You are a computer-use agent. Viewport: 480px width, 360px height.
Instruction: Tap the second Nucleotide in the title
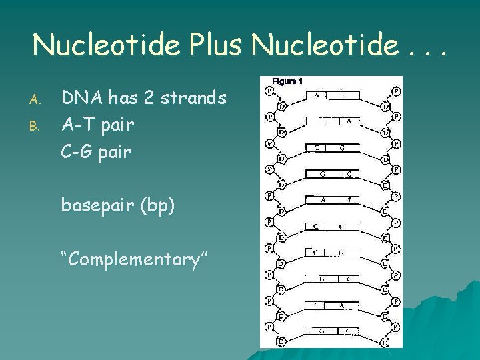(326, 45)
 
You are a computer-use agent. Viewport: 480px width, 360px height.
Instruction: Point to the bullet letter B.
(37, 124)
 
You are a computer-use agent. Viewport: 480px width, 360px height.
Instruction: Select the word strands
(193, 99)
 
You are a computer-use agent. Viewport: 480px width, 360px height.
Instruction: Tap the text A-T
(79, 124)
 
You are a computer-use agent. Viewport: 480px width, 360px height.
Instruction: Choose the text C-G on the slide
(79, 151)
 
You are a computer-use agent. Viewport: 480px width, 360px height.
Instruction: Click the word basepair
(97, 205)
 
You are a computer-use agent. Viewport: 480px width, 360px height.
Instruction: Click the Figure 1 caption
(287, 81)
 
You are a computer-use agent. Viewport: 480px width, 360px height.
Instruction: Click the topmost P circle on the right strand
(397, 90)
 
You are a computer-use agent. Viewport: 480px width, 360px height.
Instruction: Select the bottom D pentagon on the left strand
(281, 341)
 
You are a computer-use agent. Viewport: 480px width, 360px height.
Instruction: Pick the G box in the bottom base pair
(321, 330)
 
